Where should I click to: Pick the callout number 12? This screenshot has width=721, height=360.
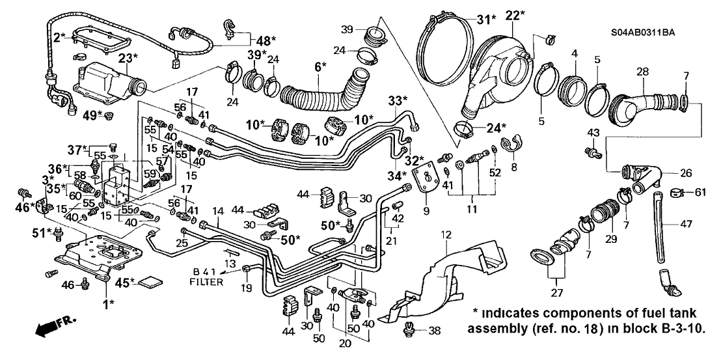pyautogui.click(x=446, y=233)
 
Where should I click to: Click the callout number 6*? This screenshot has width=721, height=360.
pyautogui.click(x=319, y=66)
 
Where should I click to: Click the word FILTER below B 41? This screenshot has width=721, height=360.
pyautogui.click(x=206, y=283)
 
